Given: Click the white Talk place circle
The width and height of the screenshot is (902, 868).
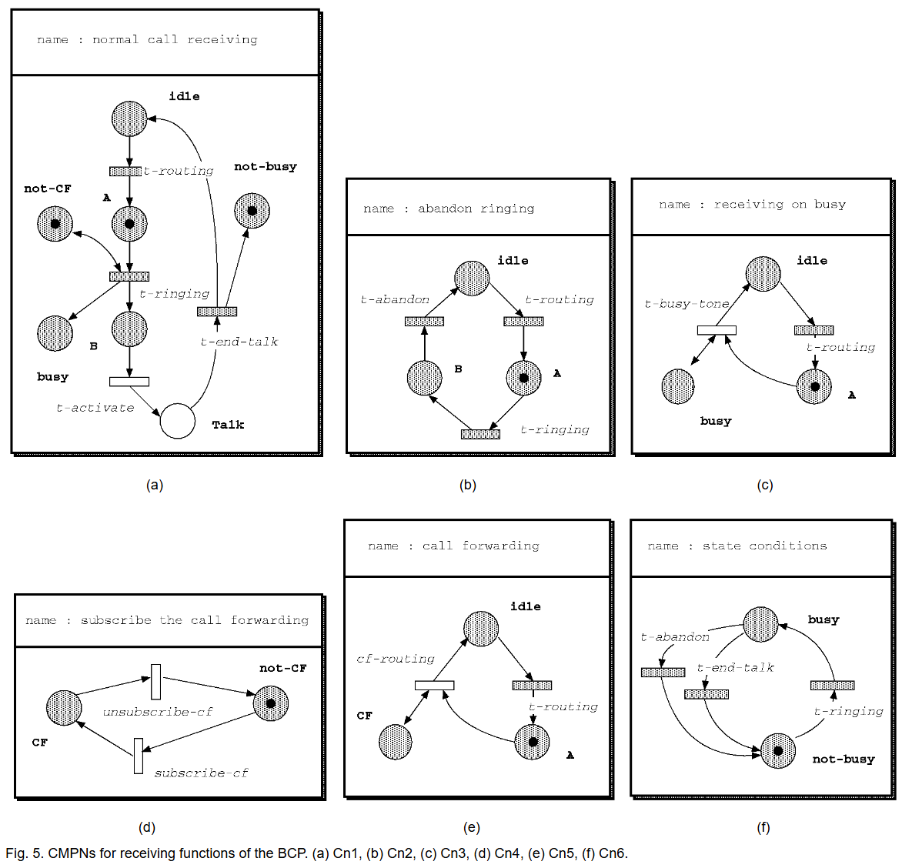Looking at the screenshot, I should point(178,421).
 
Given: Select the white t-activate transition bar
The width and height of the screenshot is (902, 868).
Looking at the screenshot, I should point(129,382).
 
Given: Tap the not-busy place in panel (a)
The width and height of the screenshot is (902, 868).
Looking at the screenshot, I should point(252,211).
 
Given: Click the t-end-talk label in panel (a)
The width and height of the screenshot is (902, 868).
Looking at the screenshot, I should point(239,342).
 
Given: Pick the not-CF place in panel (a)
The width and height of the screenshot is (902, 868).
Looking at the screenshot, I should point(55,224).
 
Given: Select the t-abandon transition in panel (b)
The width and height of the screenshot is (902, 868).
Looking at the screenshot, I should point(424,322).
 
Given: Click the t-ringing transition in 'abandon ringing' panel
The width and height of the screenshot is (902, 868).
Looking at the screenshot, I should point(480,435).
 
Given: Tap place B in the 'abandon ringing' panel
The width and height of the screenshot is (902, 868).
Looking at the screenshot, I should point(424,378).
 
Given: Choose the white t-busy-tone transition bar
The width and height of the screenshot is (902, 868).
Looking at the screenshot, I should point(717,330).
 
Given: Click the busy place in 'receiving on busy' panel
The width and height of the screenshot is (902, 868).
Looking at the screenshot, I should point(678,386).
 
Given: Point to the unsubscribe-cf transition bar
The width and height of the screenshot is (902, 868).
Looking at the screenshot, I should point(156,682).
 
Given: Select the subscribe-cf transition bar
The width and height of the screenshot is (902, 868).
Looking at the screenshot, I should point(139,756).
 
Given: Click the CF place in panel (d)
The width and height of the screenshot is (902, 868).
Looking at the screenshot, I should point(64,708).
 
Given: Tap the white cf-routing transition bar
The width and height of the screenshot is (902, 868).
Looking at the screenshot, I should point(434,686).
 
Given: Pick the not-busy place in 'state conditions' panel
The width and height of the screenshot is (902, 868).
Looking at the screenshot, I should point(778,751).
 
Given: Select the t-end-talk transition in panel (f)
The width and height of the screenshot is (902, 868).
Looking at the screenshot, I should point(707,695).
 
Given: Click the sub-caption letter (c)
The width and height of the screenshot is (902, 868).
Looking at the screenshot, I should point(764,485).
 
